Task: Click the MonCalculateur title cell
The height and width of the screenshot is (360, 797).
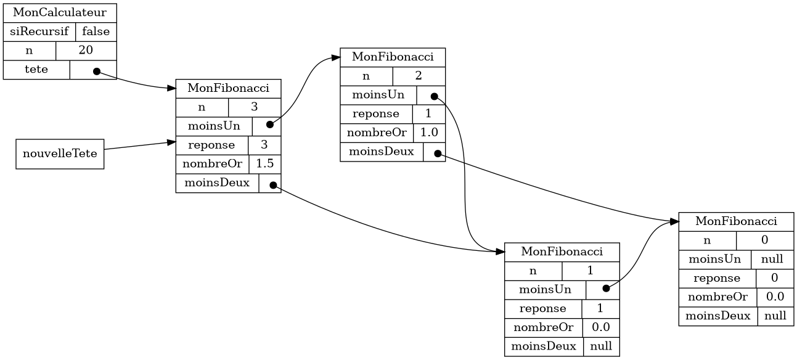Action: click(60, 13)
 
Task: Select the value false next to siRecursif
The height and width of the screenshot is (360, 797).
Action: click(96, 32)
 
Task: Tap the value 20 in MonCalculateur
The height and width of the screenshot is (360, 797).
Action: click(86, 51)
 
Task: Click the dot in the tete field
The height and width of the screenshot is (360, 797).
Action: click(96, 72)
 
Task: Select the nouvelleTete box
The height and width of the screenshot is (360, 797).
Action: click(60, 154)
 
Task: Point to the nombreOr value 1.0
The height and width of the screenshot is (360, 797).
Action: click(429, 133)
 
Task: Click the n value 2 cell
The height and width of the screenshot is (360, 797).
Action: click(419, 76)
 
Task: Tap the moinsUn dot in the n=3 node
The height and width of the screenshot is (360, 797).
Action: click(270, 125)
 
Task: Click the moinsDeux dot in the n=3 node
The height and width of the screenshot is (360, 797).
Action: click(273, 185)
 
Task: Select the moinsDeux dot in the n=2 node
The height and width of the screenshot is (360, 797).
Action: click(438, 153)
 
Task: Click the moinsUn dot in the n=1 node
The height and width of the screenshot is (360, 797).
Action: click(607, 288)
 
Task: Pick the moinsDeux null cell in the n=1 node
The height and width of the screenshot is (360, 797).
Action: click(602, 346)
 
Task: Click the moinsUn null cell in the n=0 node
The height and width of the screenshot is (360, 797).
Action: click(772, 260)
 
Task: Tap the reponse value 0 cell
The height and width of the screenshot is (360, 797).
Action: click(775, 278)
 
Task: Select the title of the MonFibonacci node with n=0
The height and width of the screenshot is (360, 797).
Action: click(737, 222)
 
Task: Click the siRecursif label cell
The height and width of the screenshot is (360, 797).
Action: click(39, 32)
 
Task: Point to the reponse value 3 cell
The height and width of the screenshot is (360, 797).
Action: click(264, 145)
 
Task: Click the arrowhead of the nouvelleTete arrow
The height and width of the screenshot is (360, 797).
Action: click(172, 142)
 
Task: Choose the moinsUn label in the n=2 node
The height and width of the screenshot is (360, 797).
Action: click(378, 95)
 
